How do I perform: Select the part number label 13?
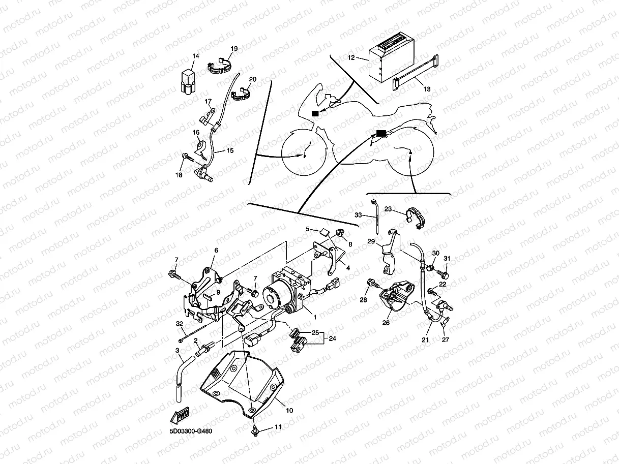427,89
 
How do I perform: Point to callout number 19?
234,49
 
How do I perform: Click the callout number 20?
253,79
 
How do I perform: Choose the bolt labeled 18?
188,158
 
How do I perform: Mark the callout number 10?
290,410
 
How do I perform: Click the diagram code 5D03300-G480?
191,431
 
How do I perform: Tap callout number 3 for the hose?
177,351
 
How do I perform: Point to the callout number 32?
179,323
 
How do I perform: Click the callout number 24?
333,338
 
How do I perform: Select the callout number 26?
386,322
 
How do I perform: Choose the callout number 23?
388,208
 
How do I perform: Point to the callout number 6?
216,251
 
